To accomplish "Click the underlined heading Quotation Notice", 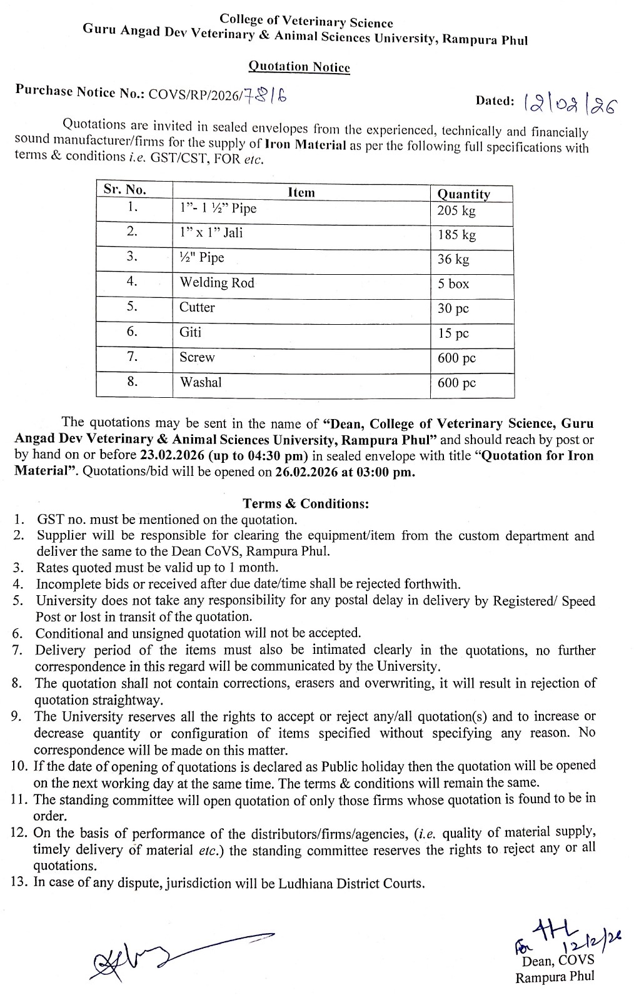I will (299, 67).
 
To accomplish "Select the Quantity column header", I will (463, 194).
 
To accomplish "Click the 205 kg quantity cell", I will (456, 210).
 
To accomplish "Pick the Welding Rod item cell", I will (217, 283).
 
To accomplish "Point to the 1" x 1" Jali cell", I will (211, 233).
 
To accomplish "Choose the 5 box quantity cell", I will (453, 284).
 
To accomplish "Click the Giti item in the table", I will (190, 332).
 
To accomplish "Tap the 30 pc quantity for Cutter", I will (453, 309).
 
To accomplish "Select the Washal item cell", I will (200, 382).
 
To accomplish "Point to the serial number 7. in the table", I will (132, 357).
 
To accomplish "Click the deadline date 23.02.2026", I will (174, 455).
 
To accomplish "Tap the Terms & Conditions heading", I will (306, 503).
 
